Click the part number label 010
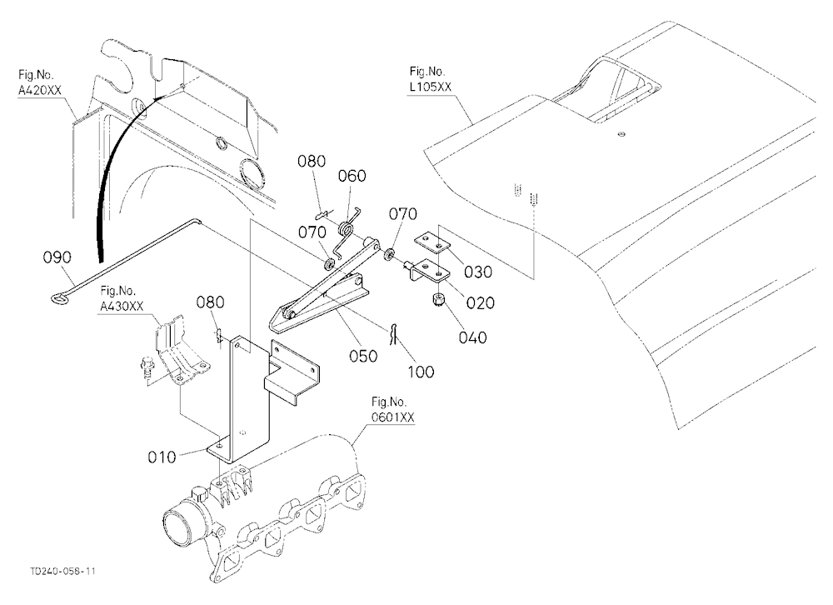coord(162,457)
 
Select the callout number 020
coord(481,303)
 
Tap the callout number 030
coord(478,272)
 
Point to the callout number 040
coord(472,337)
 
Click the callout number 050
coord(363,356)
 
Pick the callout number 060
coord(352,176)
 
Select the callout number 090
coord(57,257)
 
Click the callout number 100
coord(421,372)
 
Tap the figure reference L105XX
coord(430,87)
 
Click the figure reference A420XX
coord(40,90)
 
